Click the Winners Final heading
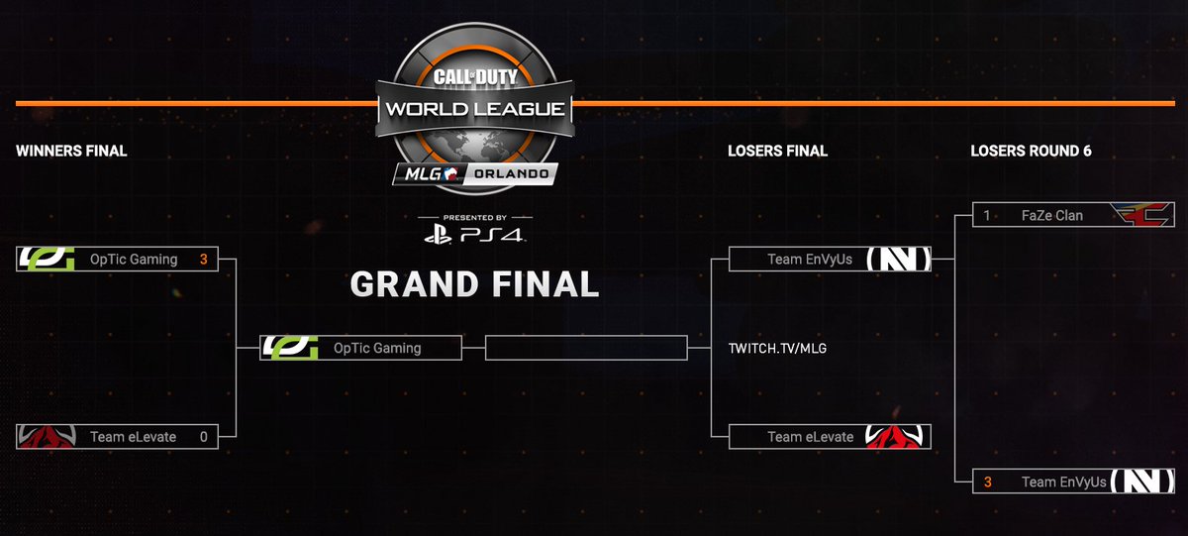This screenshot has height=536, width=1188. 71,152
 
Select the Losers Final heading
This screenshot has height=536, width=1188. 777,152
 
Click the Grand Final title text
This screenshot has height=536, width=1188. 475,284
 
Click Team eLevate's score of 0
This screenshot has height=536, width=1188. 203,436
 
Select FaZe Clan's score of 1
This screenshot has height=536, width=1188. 987,215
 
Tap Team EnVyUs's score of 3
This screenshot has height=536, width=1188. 987,482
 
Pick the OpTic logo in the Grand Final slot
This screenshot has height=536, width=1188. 290,348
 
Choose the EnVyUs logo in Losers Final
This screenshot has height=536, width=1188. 898,260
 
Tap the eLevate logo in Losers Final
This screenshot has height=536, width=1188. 898,436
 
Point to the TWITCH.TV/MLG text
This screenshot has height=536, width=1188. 776,349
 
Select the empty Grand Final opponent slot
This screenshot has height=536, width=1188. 586,348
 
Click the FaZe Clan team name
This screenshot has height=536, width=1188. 1053,215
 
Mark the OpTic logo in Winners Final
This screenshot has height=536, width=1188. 46,260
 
